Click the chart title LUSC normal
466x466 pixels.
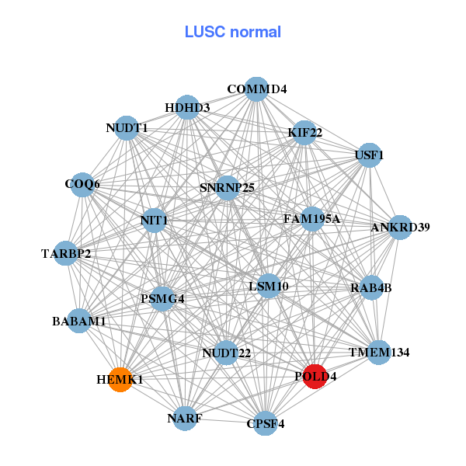tap(233, 32)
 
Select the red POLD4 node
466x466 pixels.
tap(315, 377)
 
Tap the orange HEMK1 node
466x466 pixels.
tap(120, 380)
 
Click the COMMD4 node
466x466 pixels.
tap(256, 89)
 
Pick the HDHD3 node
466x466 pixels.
tap(187, 107)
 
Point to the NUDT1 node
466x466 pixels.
tap(127, 128)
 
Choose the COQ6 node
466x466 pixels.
tap(82, 185)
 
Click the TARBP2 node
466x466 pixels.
tap(66, 253)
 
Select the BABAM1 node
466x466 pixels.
tap(79, 320)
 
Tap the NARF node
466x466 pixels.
tap(185, 419)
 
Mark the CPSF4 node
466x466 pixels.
tap(266, 423)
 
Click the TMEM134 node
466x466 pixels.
tap(378, 353)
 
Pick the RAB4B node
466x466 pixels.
tap(371, 288)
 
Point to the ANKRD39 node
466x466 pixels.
tap(400, 228)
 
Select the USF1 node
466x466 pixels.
tap(369, 155)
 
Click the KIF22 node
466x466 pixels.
tap(304, 133)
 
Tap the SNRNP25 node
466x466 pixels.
tap(227, 188)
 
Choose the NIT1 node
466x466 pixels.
tap(154, 221)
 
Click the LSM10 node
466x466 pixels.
tap(269, 287)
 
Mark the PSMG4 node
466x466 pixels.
tap(162, 298)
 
